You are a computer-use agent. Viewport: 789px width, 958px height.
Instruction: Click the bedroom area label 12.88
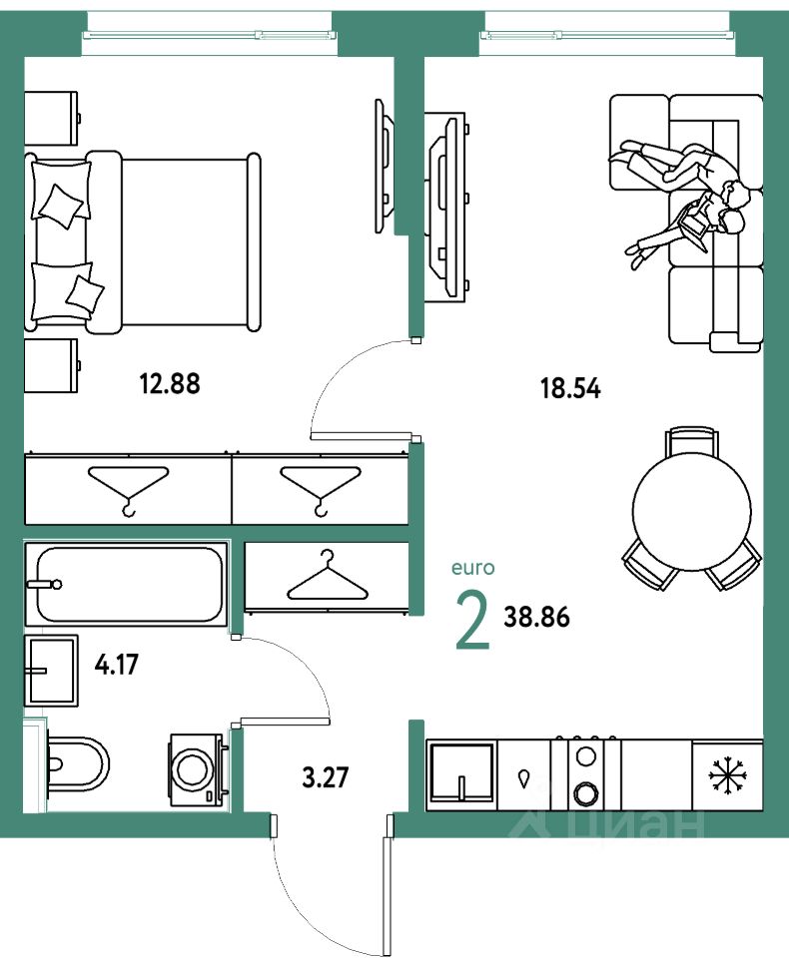pyautogui.click(x=170, y=384)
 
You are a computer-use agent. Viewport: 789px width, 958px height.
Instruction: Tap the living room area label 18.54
pyautogui.click(x=570, y=388)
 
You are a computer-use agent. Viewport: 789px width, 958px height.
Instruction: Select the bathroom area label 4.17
pyautogui.click(x=116, y=664)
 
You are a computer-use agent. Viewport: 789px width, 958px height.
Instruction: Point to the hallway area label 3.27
pyautogui.click(x=326, y=777)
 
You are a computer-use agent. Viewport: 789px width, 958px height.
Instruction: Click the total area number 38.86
pyautogui.click(x=536, y=617)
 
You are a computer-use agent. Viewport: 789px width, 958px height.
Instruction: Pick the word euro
pyautogui.click(x=472, y=568)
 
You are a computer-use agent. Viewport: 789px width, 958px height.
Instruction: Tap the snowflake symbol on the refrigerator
pyautogui.click(x=728, y=775)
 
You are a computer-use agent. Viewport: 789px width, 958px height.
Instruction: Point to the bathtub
pyautogui.click(x=126, y=584)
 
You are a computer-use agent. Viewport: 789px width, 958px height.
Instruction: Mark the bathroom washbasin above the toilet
pyautogui.click(x=51, y=671)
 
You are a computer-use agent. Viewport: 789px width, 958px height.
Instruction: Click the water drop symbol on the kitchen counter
pyautogui.click(x=524, y=778)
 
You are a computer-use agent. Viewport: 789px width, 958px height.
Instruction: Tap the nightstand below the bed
pyautogui.click(x=51, y=365)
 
